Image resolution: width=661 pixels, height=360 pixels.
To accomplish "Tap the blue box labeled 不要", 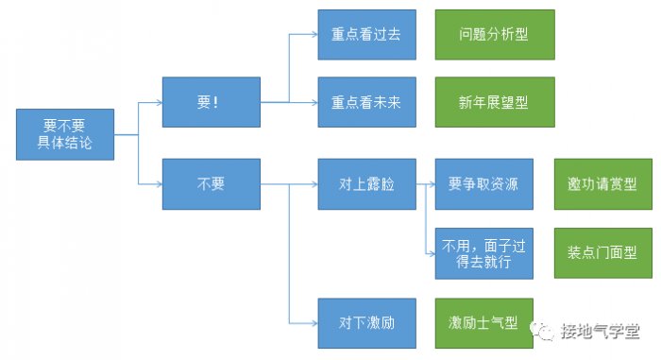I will click(x=211, y=183).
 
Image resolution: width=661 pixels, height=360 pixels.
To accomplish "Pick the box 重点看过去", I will click(x=366, y=35).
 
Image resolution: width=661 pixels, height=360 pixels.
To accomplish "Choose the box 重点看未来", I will click(x=366, y=102).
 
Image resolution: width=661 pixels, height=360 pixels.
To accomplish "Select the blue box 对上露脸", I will click(x=366, y=183).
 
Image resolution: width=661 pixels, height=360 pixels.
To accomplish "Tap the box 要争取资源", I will click(x=483, y=183).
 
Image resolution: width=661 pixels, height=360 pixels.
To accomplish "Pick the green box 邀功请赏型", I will click(x=602, y=183).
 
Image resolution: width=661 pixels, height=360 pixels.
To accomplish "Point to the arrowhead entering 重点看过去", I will click(x=314, y=35).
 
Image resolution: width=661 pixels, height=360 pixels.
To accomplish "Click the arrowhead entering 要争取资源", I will click(x=431, y=183).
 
